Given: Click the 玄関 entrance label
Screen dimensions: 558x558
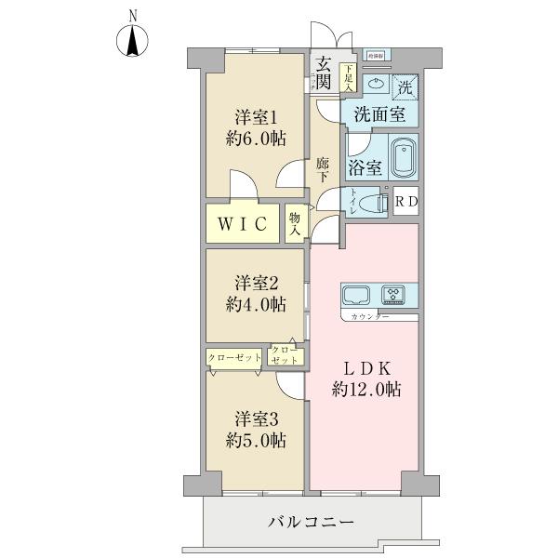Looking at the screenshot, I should coord(323,73).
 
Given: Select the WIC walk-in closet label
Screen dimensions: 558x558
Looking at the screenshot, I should coord(245,223).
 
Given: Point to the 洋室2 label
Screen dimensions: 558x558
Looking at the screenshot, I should coord(254,295).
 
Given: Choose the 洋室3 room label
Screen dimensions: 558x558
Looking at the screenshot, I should coord(254,429).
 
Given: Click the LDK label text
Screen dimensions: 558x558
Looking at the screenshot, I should coord(366,379).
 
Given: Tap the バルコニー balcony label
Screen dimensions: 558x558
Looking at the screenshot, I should coord(312,523).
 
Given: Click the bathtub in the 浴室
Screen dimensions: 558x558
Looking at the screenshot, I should coord(403,159).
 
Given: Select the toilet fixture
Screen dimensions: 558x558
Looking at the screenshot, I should coord(371,204).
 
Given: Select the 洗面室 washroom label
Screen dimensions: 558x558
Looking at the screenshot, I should coord(379,115).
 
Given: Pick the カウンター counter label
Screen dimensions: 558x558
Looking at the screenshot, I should coord(370,318).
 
